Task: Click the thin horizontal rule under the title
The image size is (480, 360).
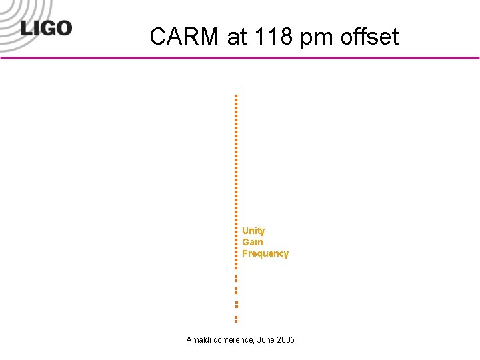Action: pos(240,58)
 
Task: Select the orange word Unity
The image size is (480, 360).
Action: pos(253,231)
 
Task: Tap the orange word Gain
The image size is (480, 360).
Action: pos(253,242)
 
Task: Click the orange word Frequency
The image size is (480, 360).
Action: pos(265,253)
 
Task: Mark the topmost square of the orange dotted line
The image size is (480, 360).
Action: pos(236,96)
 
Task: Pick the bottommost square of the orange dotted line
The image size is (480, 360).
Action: pos(236,321)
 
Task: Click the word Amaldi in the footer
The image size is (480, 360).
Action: pos(199,340)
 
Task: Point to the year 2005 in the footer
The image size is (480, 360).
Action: pos(286,340)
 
